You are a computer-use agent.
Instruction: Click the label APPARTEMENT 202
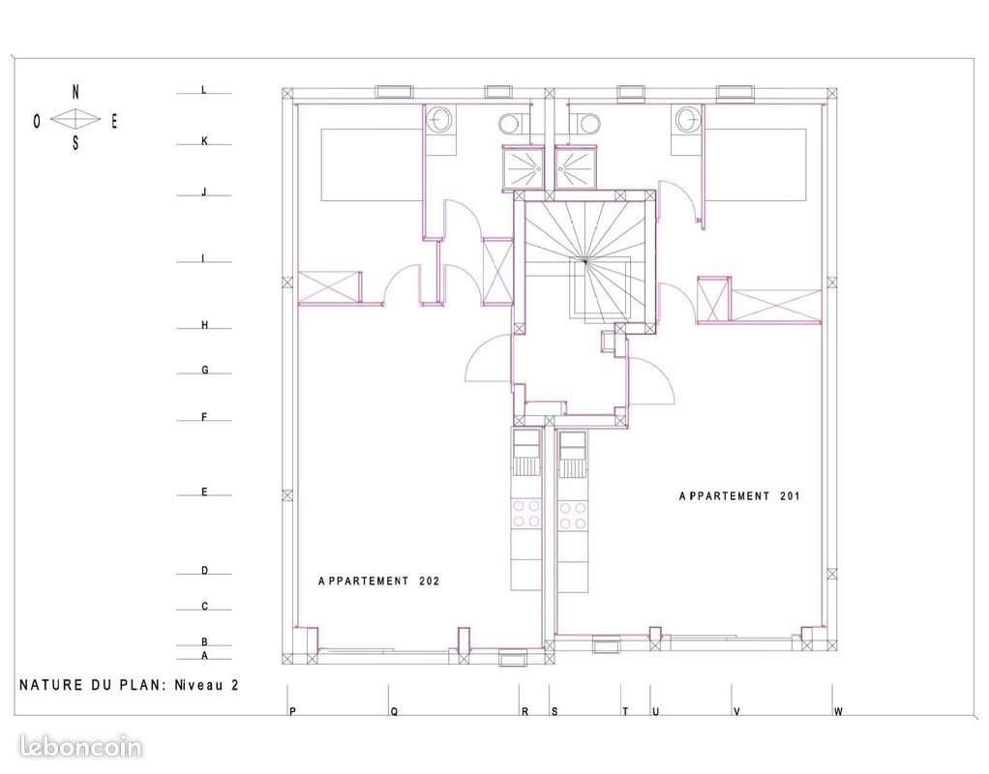point(379,581)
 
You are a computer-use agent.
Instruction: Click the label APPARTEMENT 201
point(739,495)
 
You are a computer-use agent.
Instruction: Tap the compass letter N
point(76,92)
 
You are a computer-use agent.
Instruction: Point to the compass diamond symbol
point(75,119)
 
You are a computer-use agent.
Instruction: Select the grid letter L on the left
point(204,90)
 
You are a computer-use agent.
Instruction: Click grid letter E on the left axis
point(204,492)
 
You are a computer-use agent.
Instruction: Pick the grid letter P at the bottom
point(291,712)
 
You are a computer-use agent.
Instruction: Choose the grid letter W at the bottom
point(838,712)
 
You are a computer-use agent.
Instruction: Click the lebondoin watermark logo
point(80,747)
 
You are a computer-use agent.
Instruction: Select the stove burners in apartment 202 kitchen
point(526,514)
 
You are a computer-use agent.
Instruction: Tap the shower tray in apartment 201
point(577,168)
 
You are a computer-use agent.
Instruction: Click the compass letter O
point(37,121)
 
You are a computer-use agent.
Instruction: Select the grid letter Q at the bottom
point(394,712)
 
